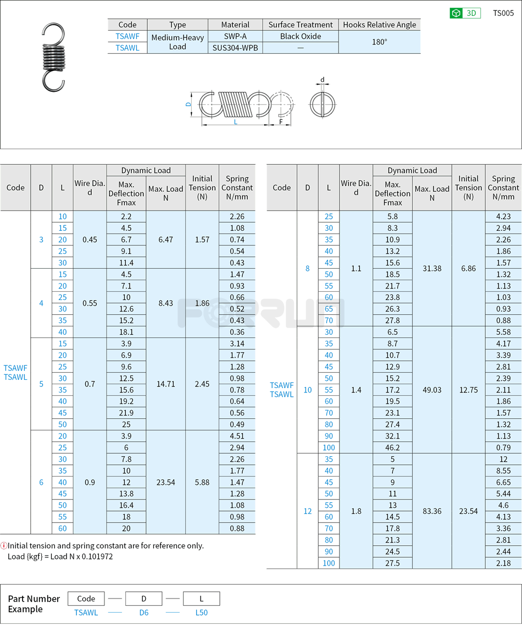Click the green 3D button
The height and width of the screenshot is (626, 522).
(465, 13)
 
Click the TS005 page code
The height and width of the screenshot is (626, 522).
(503, 13)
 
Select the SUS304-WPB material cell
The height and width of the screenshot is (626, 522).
(235, 48)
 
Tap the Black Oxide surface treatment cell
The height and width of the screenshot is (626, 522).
(301, 36)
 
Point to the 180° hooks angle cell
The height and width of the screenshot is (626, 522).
(379, 42)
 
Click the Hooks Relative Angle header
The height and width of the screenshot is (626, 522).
(379, 25)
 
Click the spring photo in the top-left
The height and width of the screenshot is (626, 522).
(54, 57)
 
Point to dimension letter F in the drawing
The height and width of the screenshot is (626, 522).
(281, 121)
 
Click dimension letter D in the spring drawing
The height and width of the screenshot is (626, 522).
(188, 103)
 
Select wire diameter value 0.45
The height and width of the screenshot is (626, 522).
(90, 240)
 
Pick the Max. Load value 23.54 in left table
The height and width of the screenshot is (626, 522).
(165, 482)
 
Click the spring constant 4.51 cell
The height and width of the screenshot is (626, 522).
(237, 436)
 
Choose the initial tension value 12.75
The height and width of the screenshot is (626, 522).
(468, 390)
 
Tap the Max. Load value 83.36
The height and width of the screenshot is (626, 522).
(432, 511)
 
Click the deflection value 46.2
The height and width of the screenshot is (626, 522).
(392, 447)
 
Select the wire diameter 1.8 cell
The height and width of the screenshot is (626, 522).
(356, 511)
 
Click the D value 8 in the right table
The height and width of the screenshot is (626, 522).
(307, 269)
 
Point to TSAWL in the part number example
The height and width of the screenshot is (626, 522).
(86, 612)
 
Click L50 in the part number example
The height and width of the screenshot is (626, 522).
(202, 612)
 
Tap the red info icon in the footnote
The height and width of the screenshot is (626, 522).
(4, 546)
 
